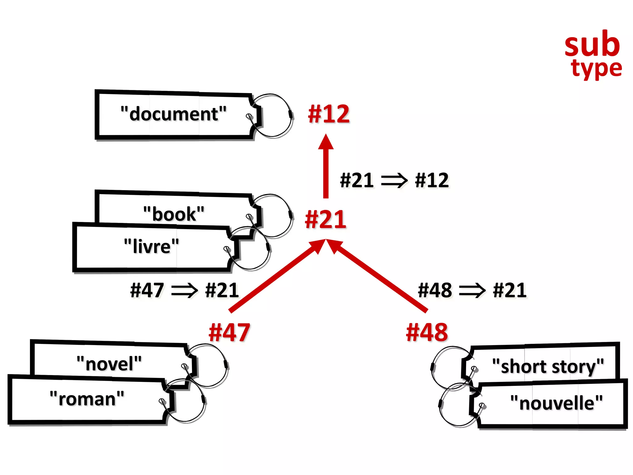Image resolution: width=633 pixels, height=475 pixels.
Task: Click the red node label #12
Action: coord(329,114)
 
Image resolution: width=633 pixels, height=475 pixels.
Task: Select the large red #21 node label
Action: coord(325,219)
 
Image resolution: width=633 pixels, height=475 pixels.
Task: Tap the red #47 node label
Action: coord(229,332)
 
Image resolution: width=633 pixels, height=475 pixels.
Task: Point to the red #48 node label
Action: coord(427,332)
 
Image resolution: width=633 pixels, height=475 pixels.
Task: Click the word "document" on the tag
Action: coord(173,114)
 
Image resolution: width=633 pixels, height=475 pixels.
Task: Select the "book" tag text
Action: coord(174,214)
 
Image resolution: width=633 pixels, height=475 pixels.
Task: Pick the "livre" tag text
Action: coord(151,246)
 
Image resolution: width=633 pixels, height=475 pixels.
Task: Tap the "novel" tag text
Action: coord(109,364)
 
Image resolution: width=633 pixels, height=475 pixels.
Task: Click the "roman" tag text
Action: coord(87,399)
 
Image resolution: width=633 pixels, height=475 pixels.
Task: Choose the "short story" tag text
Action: coord(548,367)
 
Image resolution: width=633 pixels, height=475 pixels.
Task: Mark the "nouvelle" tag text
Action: coord(556,403)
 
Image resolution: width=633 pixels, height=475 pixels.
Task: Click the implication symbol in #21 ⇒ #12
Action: coord(394,181)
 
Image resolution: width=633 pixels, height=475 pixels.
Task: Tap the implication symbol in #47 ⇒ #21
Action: coord(184,290)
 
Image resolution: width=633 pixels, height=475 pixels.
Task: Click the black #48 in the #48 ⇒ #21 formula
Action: coord(435,290)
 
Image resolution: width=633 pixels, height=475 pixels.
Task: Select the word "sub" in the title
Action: coord(592,45)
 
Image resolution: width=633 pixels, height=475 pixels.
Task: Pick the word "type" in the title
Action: coord(596,69)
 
